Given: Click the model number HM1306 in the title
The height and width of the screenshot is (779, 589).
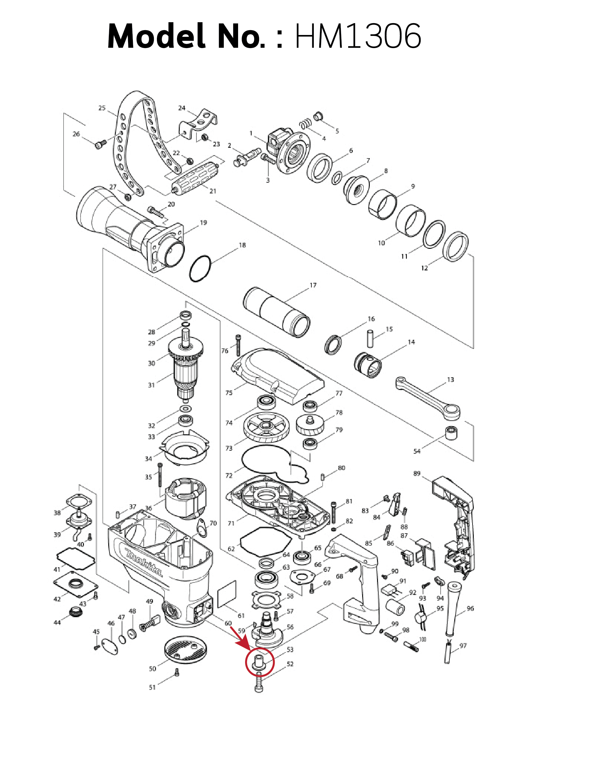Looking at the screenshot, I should [358, 36].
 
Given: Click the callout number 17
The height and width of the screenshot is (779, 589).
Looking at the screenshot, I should [313, 285].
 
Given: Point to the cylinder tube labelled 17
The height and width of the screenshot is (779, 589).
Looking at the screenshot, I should [277, 312].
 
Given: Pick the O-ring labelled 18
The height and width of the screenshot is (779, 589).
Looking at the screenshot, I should [200, 269].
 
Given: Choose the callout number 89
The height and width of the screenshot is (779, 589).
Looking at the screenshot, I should [417, 474].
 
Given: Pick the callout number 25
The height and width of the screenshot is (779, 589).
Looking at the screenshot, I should [102, 108].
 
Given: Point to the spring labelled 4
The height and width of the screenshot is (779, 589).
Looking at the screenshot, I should [306, 123].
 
